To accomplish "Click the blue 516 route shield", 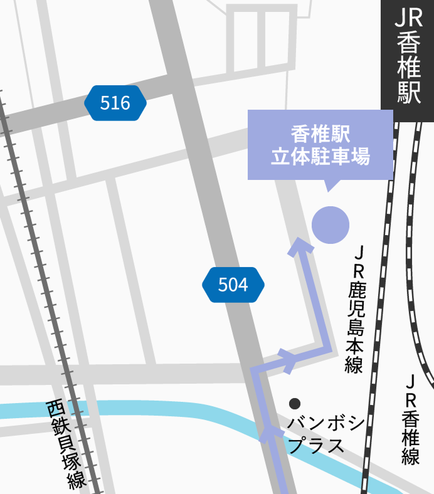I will tap(115, 103).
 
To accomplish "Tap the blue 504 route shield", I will tap(233, 285).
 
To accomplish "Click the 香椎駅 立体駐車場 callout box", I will tap(320, 145).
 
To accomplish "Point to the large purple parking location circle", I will tap(331, 224).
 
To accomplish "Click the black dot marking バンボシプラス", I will tap(295, 403).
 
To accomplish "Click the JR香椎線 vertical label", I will tap(411, 419).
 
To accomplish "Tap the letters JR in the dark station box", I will tap(408, 18).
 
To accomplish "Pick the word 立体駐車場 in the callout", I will tap(320, 157).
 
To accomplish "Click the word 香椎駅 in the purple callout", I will tap(320, 134).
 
